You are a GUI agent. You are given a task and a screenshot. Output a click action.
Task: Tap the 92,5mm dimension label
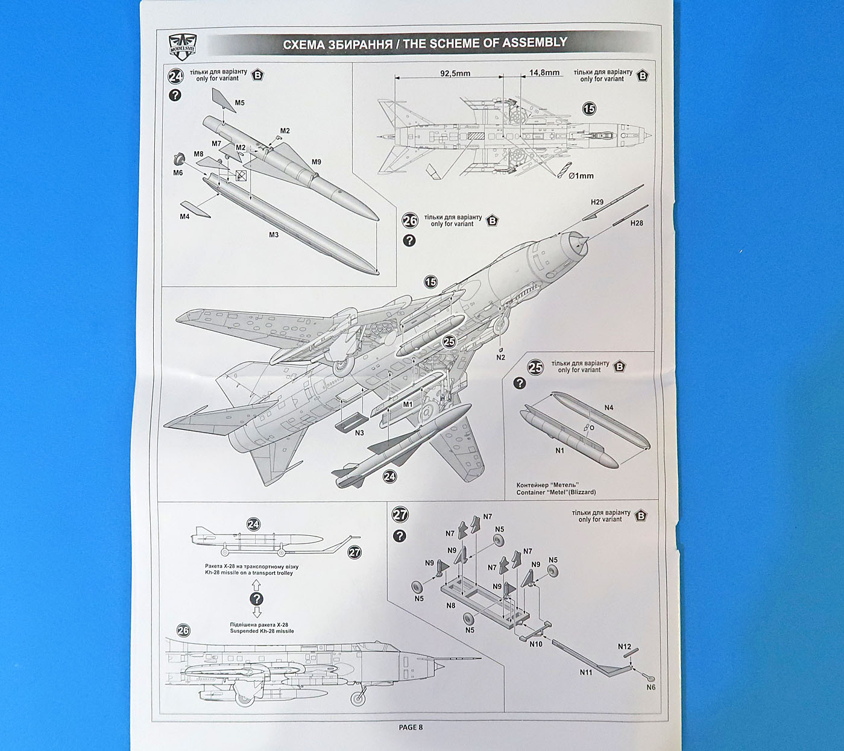pyautogui.click(x=455, y=74)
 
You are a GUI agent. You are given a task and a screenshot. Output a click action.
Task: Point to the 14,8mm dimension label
pyautogui.click(x=544, y=73)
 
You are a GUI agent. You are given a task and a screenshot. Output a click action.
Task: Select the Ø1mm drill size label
pyautogui.click(x=581, y=176)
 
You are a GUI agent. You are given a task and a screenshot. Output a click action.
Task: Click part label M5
pyautogui.click(x=240, y=103)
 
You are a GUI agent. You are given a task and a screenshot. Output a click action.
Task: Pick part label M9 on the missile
pyautogui.click(x=316, y=162)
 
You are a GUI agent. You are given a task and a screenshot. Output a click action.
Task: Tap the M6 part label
pyautogui.click(x=178, y=173)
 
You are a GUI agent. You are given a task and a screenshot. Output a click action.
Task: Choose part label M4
pyautogui.click(x=184, y=217)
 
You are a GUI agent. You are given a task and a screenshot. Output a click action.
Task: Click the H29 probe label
pyautogui.click(x=597, y=203)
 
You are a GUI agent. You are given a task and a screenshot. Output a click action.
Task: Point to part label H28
pyautogui.click(x=637, y=223)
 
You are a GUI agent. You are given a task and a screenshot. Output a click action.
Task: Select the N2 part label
pyautogui.click(x=500, y=357)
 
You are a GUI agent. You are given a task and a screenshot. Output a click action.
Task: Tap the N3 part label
pyautogui.click(x=359, y=433)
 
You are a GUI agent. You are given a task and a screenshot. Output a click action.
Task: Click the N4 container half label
pyautogui.click(x=609, y=408)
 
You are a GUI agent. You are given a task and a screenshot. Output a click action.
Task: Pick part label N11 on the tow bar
pyautogui.click(x=586, y=672)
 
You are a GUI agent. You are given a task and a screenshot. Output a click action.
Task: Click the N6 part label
pyautogui.click(x=650, y=687)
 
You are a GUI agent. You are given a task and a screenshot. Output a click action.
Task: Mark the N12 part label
pyautogui.click(x=624, y=647)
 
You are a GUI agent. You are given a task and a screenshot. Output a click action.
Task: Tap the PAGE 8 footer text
pyautogui.click(x=411, y=727)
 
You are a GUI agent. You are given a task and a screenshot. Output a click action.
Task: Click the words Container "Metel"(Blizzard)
pyautogui.click(x=556, y=492)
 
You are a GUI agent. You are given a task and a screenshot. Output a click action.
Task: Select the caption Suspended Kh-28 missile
pyautogui.click(x=262, y=631)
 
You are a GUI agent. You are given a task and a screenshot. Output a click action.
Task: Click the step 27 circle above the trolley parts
pyautogui.click(x=400, y=515)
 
